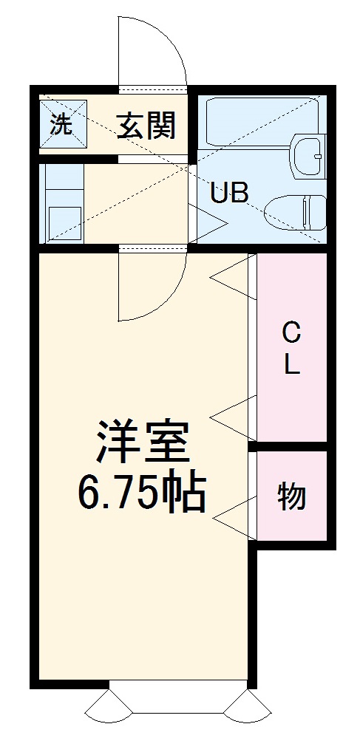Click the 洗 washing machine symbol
tap(63, 125)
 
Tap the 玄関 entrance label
tap(146, 126)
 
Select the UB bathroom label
tap(228, 194)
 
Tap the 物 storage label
tap(292, 496)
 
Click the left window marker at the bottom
tap(108, 711)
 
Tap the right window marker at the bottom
tap(246, 711)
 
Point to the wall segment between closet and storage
tap(290, 446)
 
